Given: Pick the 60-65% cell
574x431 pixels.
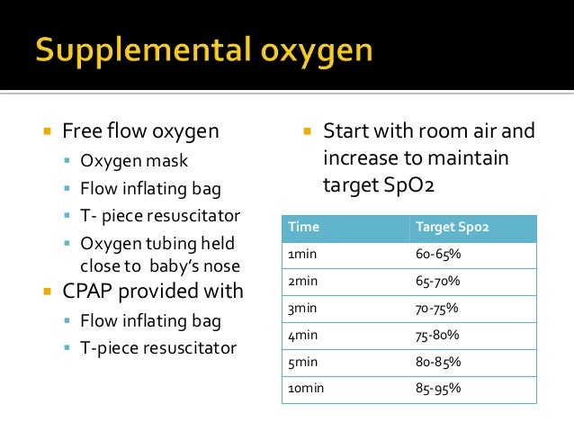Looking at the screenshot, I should pyautogui.click(x=438, y=255).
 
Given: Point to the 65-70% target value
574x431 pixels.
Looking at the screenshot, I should pyautogui.click(x=438, y=282).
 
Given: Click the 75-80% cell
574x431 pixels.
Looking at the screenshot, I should pyautogui.click(x=438, y=335).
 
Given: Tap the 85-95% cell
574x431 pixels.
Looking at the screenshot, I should pyautogui.click(x=438, y=389).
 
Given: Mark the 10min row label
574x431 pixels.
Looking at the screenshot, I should pyautogui.click(x=306, y=389).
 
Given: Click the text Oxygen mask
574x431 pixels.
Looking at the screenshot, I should pyautogui.click(x=135, y=163).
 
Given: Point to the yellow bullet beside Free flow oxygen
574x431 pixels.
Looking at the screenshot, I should pyautogui.click(x=47, y=132).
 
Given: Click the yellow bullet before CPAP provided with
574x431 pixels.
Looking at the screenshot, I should pyautogui.click(x=47, y=292).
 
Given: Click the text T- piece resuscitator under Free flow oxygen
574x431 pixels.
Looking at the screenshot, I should pyautogui.click(x=160, y=217).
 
